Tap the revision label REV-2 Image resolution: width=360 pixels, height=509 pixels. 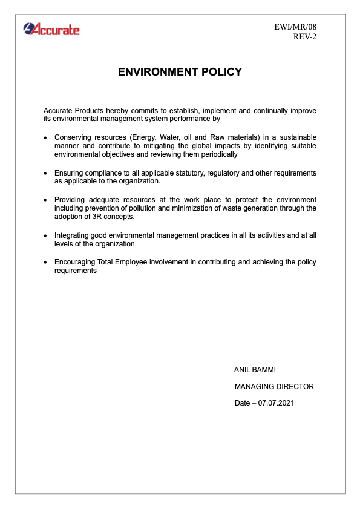point(304,36)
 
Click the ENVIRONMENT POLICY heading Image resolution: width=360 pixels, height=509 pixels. point(180,72)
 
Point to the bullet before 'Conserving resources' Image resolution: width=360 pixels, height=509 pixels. point(47,138)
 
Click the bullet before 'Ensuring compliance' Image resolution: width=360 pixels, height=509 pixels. point(47,174)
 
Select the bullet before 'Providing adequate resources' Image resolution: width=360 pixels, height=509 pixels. point(47,200)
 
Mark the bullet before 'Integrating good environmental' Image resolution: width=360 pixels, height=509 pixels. point(47,236)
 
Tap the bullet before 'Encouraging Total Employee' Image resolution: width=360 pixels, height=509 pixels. point(47,263)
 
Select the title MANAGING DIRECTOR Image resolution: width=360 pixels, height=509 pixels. point(274,386)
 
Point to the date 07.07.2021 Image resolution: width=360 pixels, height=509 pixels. point(276,403)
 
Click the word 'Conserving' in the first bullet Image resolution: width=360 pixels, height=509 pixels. point(72,137)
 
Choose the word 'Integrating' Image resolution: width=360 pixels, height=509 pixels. point(71,235)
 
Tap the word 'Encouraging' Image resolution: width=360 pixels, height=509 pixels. point(74,262)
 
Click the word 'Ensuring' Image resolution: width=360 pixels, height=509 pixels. point(68,173)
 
